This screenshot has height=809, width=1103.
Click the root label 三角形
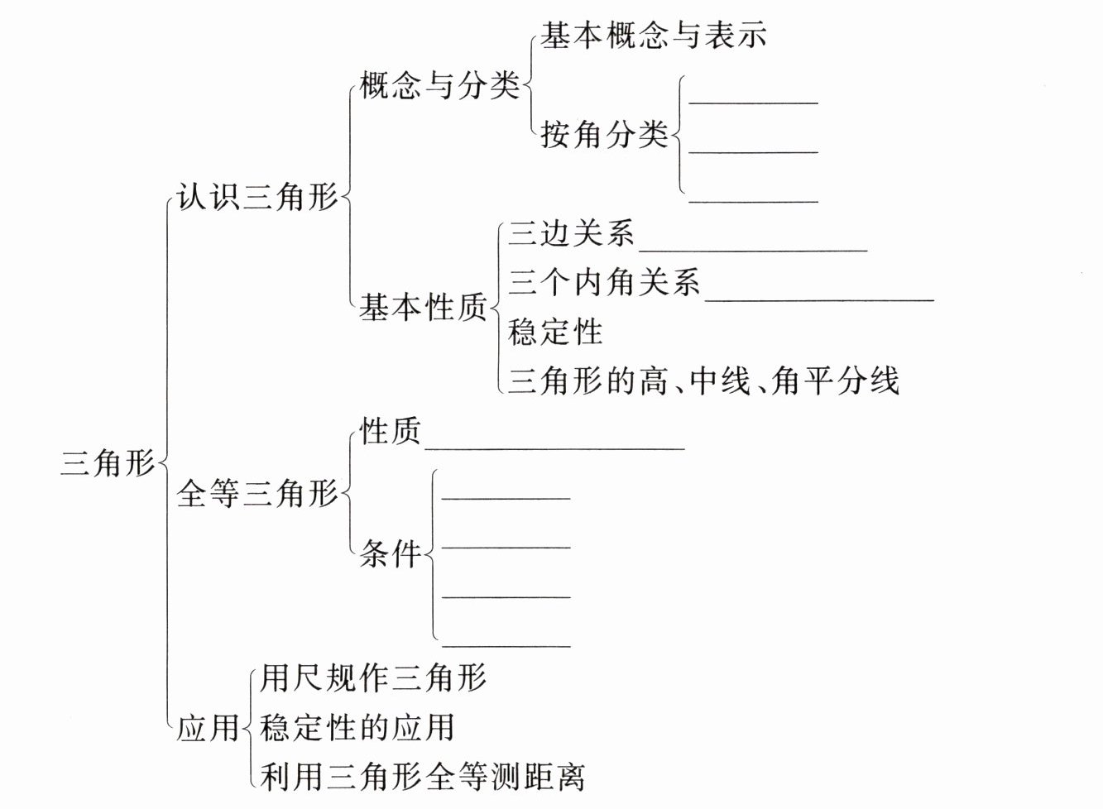[108, 463]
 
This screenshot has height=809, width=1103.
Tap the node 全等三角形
[257, 494]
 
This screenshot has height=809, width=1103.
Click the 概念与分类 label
[439, 85]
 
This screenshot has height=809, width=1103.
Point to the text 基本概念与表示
[654, 36]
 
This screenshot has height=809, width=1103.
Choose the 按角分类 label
[604, 134]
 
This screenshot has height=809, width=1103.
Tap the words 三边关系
[572, 234]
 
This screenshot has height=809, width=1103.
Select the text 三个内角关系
[604, 283]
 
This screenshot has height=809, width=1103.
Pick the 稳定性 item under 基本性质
[555, 332]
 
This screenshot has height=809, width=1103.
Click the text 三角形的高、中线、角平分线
[703, 381]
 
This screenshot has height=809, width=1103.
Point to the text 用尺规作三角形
[373, 678]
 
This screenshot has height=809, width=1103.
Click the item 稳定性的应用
[357, 728]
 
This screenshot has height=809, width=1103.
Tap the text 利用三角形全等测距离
[422, 778]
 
